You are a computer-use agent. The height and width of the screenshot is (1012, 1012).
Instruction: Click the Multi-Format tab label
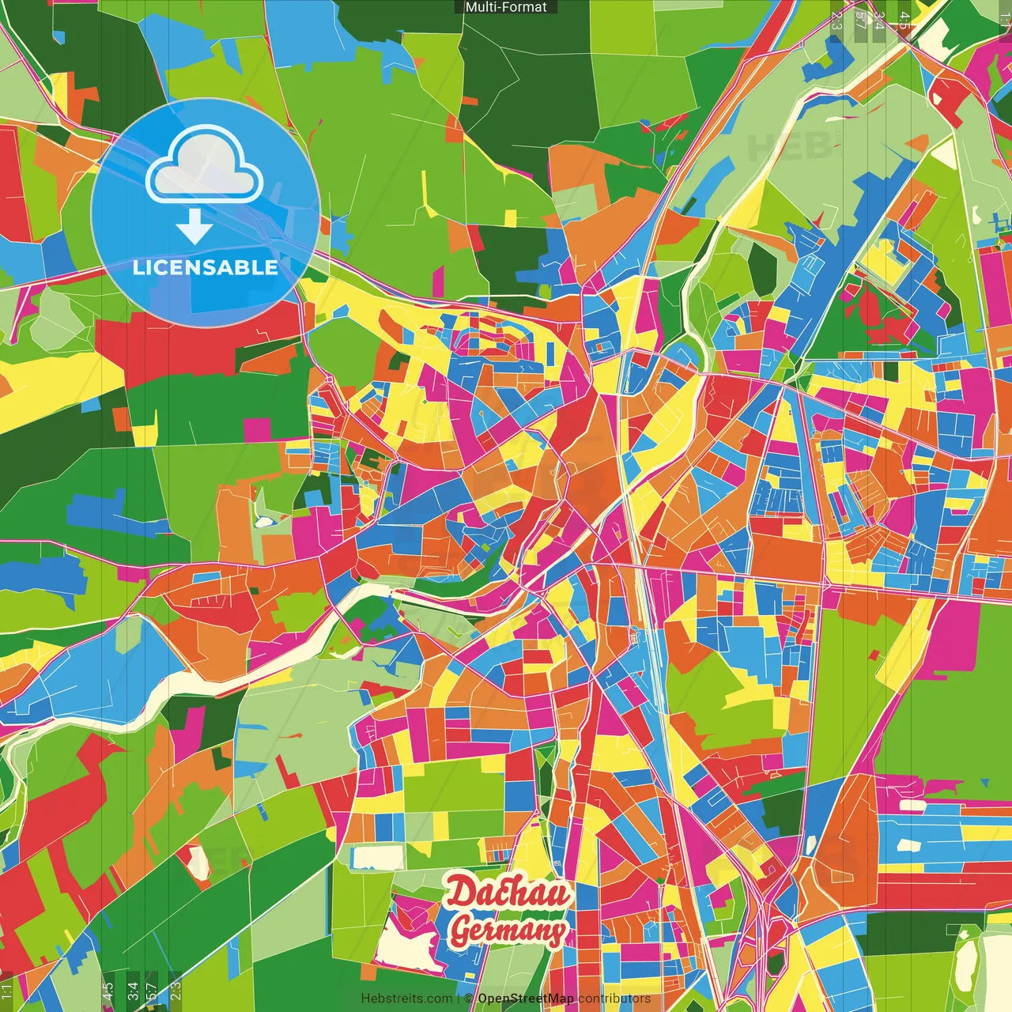(x=506, y=7)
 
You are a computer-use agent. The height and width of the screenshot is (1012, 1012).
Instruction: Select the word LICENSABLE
(x=206, y=267)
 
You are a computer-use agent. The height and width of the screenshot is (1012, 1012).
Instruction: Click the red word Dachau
(x=508, y=893)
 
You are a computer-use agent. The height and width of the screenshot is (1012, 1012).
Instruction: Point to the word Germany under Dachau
(x=508, y=931)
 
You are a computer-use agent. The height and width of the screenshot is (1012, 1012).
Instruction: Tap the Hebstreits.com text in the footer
(x=407, y=999)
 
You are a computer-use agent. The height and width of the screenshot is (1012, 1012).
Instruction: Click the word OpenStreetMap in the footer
(x=526, y=999)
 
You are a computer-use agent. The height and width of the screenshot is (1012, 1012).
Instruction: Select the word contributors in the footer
(x=614, y=999)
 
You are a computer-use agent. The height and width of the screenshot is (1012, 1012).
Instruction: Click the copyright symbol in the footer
(x=469, y=999)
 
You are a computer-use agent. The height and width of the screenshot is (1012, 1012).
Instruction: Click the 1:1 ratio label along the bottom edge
(x=7, y=991)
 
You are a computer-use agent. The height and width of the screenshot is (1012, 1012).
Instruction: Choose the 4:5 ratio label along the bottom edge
(x=108, y=991)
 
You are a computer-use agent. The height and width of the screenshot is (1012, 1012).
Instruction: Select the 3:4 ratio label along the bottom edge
(x=133, y=991)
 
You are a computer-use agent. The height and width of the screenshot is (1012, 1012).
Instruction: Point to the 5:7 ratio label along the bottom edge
(x=152, y=991)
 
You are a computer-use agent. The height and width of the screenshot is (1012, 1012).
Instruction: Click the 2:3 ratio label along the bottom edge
(x=176, y=991)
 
